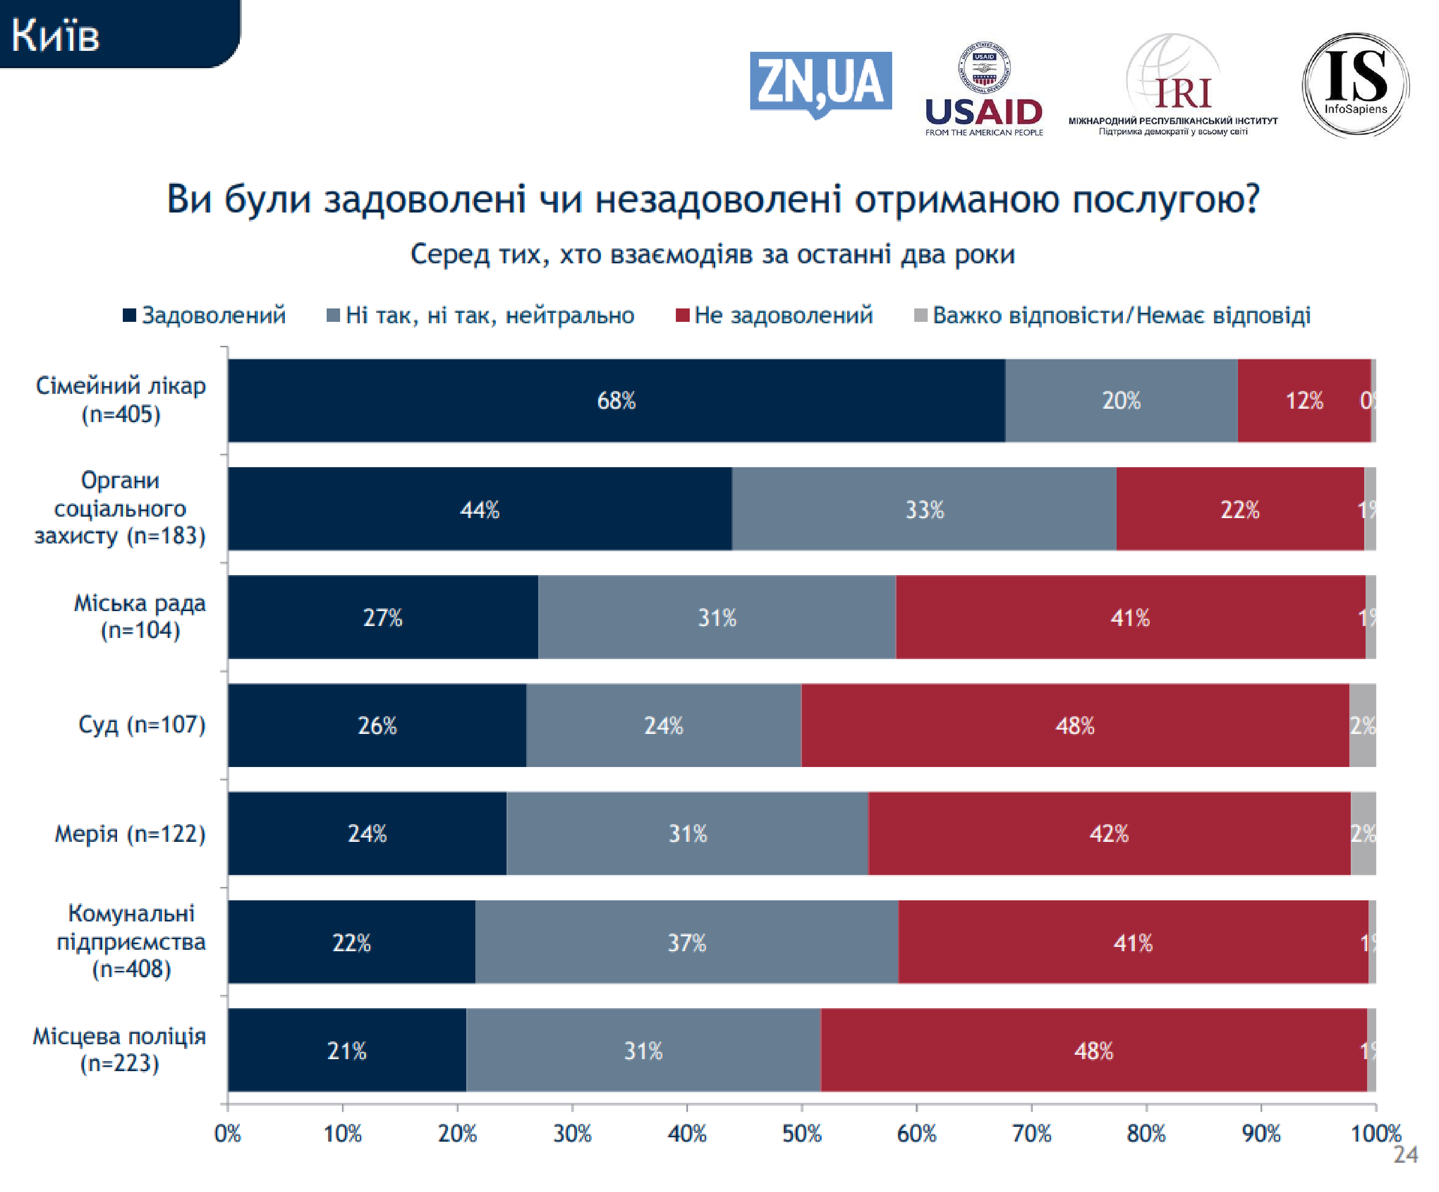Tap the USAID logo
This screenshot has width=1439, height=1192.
[x=983, y=89]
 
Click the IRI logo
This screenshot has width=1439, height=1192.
[x=1173, y=86]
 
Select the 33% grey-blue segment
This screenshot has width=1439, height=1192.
[x=924, y=509]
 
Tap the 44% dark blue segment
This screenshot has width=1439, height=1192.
[x=479, y=509]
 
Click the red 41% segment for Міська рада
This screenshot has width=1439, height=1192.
[x=1130, y=617]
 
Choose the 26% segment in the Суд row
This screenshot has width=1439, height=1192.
[x=377, y=725]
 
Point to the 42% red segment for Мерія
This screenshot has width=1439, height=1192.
[x=1109, y=833]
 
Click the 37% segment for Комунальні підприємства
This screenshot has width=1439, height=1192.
[x=686, y=942]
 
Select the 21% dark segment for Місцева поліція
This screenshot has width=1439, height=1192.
[x=347, y=1050]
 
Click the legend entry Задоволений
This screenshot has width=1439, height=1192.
[x=205, y=315]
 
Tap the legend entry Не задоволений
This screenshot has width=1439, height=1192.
[x=774, y=315]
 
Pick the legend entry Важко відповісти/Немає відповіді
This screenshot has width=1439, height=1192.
[x=1113, y=315]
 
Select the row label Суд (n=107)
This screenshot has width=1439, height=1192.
[x=142, y=725]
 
